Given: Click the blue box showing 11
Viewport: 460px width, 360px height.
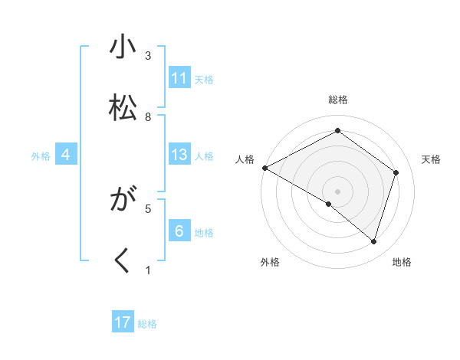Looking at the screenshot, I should coord(179,78).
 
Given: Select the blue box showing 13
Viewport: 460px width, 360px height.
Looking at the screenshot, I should coord(179,155).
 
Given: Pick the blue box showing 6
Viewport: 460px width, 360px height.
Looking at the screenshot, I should coord(179,231).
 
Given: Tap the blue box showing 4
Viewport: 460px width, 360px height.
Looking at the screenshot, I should coord(66,155).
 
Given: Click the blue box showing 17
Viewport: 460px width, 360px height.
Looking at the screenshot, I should coord(123,322).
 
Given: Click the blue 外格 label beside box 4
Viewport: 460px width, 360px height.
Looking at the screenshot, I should coord(41,156).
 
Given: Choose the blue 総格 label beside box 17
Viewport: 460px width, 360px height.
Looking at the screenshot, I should coord(147,324).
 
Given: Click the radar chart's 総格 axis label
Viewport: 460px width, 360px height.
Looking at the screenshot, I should coord(338,100).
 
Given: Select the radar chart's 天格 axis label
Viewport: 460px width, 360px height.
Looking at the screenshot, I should coord(431,159).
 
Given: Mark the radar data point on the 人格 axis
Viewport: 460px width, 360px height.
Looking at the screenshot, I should coord(264,167).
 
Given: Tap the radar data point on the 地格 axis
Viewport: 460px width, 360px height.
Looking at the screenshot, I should coord(373,241).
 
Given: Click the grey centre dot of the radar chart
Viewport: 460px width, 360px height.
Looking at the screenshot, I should coord(337,191).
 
